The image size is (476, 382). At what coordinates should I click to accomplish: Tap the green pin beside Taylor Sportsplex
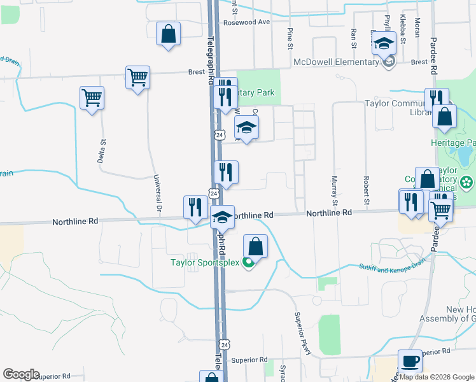pyautogui.click(x=248, y=262)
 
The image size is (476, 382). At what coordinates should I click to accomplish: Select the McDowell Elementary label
pyautogui.click(x=336, y=62)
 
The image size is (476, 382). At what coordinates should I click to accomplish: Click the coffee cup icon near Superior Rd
pyautogui.click(x=410, y=361)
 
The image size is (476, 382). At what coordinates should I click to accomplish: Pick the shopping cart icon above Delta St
pyautogui.click(x=92, y=98)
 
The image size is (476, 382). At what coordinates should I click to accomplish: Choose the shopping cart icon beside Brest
pyautogui.click(x=137, y=78)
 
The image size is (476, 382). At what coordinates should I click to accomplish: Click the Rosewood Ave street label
pyautogui.click(x=246, y=22)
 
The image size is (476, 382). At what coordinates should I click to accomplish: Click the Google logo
pyautogui.click(x=22, y=374)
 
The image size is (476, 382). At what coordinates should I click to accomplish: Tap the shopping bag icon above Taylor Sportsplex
pyautogui.click(x=255, y=246)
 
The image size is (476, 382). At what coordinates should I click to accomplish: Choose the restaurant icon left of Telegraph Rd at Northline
pyautogui.click(x=195, y=207)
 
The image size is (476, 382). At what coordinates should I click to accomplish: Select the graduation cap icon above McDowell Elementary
pyautogui.click(x=384, y=44)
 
